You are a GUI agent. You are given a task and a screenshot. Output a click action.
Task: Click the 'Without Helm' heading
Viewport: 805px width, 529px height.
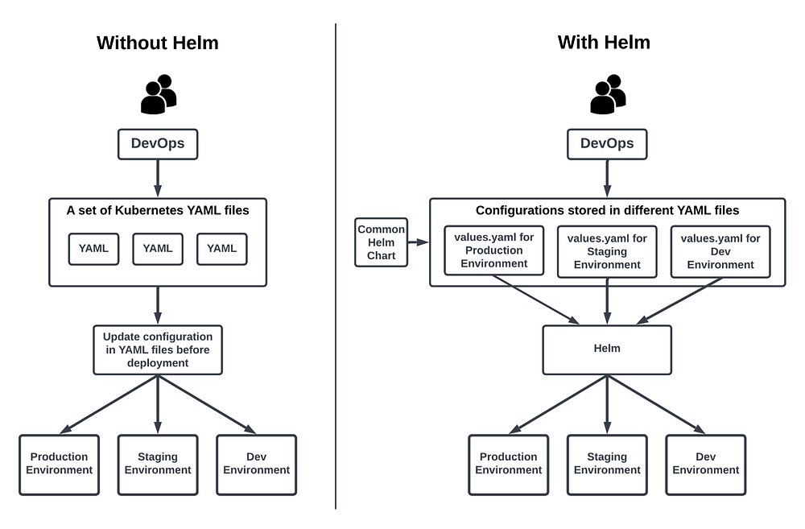(157, 43)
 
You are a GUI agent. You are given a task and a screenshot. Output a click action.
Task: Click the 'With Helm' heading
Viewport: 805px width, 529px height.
(604, 42)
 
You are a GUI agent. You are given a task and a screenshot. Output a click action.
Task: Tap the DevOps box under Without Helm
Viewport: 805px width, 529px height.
(158, 144)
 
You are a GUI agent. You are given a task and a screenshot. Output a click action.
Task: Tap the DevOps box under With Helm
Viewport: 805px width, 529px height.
(607, 144)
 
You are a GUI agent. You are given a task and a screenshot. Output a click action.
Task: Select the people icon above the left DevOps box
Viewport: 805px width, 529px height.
(158, 94)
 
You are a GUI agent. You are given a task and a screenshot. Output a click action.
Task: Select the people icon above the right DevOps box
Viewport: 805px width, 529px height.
(607, 94)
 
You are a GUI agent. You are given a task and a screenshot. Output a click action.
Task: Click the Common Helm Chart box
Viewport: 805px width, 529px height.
(382, 242)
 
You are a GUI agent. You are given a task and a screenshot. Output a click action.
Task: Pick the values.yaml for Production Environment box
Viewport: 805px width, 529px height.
(494, 250)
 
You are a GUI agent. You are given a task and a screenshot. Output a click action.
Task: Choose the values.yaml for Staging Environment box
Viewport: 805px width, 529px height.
(607, 251)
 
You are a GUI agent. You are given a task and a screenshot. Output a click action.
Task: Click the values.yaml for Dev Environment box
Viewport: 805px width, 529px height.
(720, 251)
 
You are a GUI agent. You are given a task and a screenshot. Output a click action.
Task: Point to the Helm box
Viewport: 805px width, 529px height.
(607, 349)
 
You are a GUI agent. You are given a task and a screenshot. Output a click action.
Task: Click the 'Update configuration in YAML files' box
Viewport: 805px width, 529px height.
(158, 349)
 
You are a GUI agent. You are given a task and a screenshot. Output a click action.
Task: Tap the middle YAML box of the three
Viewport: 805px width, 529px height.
(158, 249)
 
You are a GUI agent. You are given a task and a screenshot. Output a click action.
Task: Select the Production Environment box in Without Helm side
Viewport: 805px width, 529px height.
(59, 464)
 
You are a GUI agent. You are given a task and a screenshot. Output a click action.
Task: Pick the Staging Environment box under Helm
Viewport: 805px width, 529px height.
(607, 464)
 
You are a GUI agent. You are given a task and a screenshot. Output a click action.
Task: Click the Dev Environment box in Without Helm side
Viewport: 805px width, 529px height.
(256, 464)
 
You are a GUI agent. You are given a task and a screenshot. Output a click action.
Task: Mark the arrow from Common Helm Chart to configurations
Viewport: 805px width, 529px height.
(417, 242)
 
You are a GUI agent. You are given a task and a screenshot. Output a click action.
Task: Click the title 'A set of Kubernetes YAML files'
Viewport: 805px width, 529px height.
(158, 211)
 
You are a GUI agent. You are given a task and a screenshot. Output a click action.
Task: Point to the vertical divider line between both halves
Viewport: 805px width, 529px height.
(336, 266)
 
